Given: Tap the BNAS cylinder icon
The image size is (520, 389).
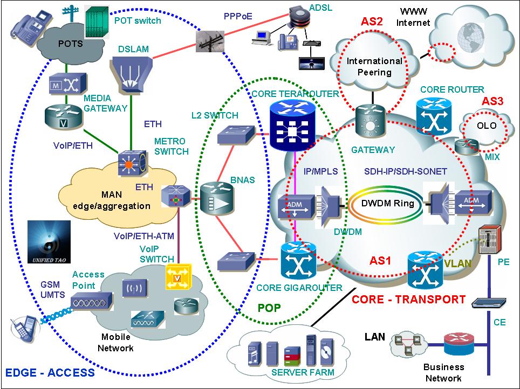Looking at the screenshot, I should point(215,198).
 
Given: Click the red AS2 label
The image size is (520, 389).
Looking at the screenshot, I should point(372,22).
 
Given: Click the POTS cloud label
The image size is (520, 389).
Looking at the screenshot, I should point(70,44).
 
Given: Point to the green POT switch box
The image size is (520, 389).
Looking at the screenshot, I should point(98,23).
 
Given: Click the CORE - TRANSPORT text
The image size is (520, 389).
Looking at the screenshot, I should point(408,299).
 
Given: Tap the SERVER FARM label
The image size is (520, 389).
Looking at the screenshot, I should point(303,372).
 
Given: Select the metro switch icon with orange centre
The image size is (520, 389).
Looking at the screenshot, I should point(132,163).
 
